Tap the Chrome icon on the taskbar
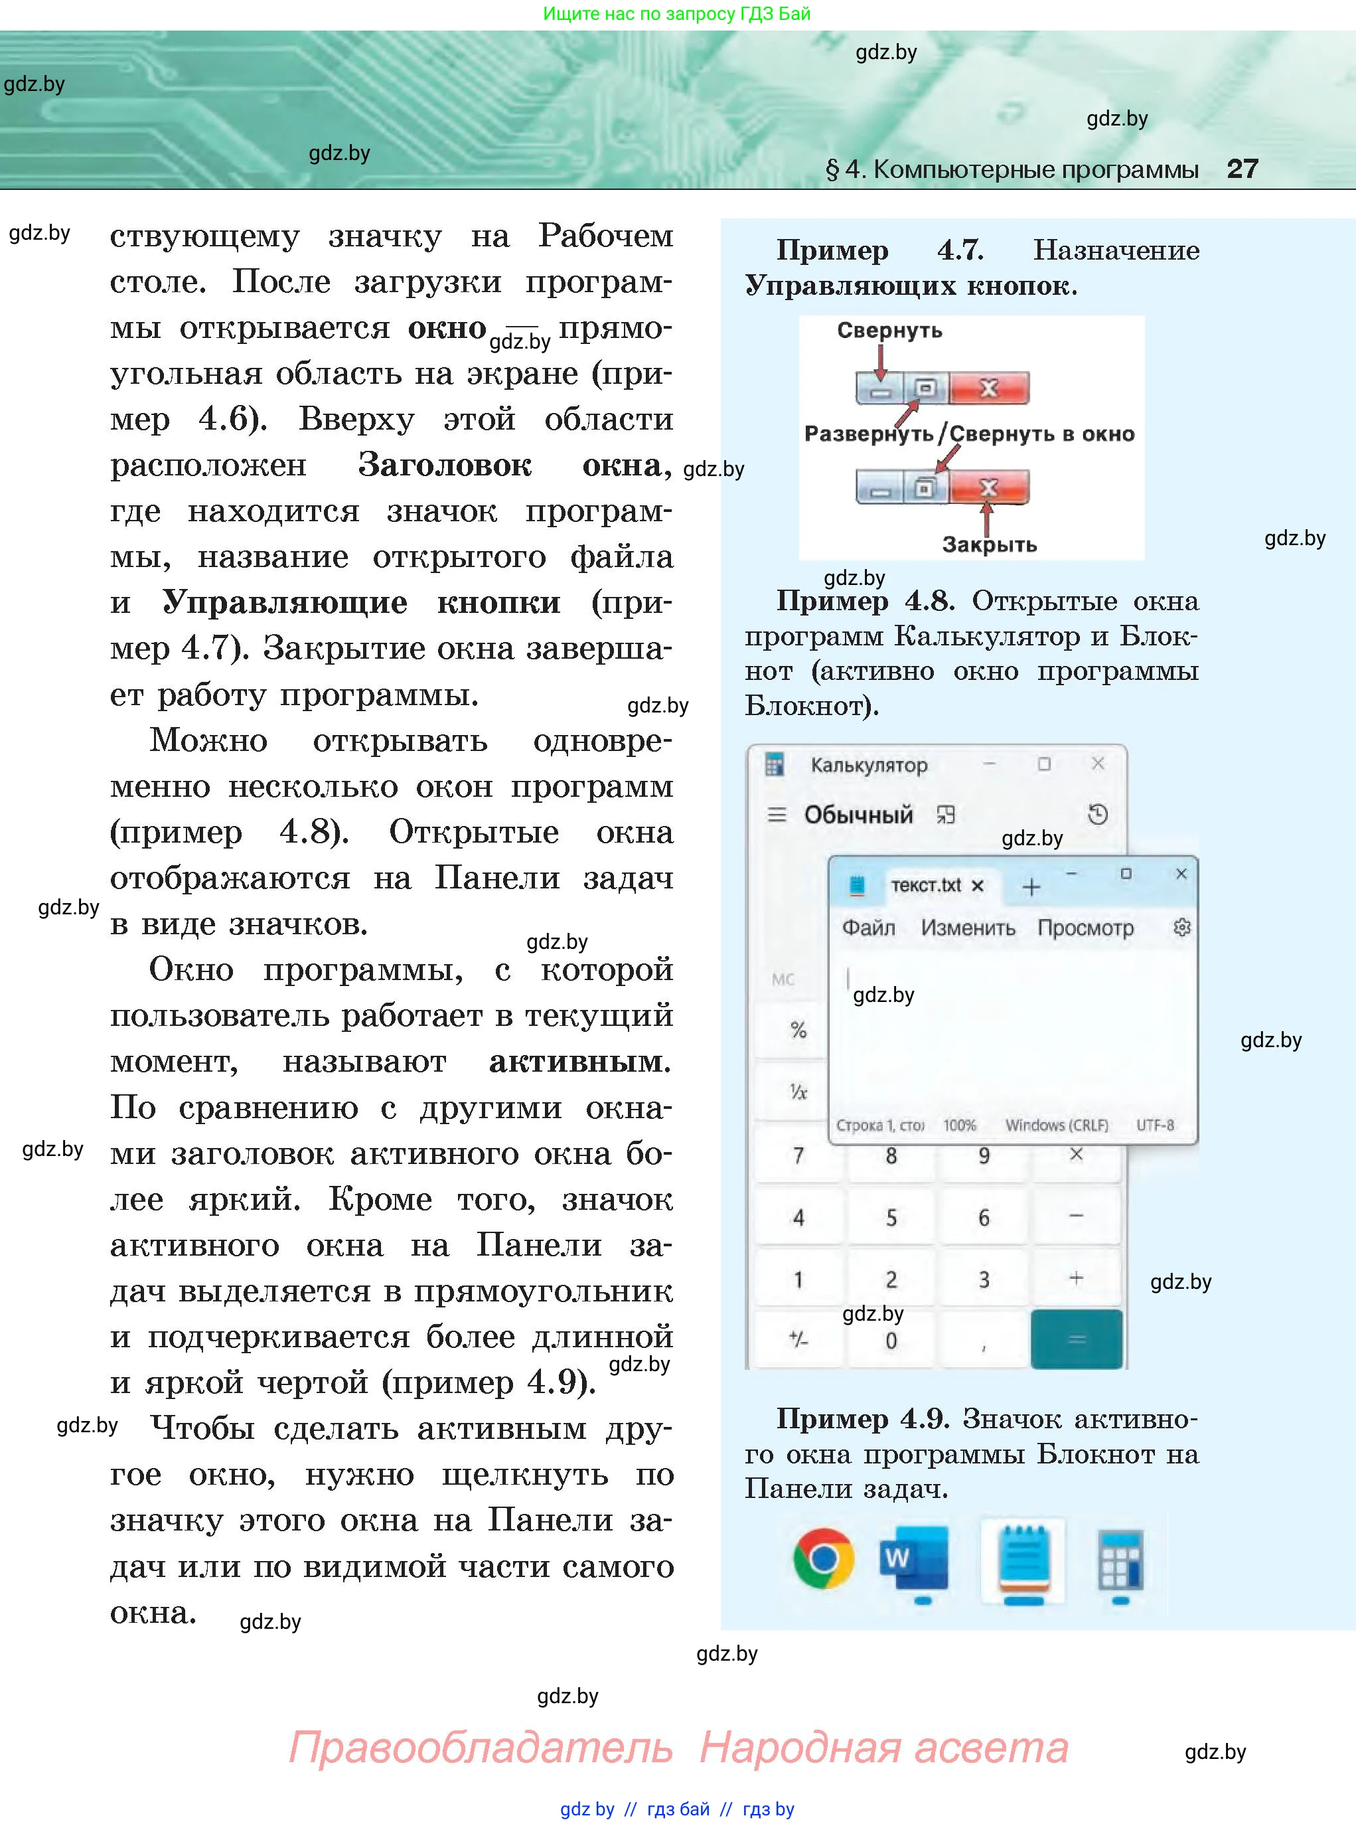coord(823,1558)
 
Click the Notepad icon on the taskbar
coord(1023,1558)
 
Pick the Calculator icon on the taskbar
coord(1120,1559)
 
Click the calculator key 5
coord(891,1218)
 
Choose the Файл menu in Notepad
coord(868,928)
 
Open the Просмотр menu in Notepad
coord(1085,928)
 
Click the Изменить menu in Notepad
coord(968,928)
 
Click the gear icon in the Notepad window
coord(1182,928)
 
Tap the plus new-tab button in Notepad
coord(1031,886)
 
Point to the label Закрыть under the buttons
coord(989,544)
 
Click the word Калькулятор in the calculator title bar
coord(868,765)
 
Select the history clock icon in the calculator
coord(1097,815)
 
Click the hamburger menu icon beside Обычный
coord(777,815)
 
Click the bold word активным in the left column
coord(579,1062)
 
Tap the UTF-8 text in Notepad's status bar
coord(1155,1125)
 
